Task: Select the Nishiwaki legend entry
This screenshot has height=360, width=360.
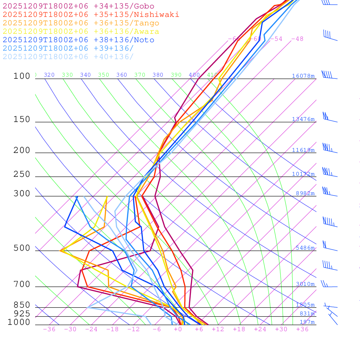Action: click(91, 15)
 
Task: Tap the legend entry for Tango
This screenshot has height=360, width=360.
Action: click(81, 23)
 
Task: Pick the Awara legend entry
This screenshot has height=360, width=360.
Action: click(81, 32)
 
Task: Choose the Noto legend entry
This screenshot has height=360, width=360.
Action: click(78, 40)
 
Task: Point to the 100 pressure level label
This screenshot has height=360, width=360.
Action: click(22, 76)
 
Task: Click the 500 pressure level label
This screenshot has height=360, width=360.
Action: click(22, 248)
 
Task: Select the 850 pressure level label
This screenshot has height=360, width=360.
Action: click(22, 305)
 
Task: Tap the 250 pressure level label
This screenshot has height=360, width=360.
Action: click(22, 174)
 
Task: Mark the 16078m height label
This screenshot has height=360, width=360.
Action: click(303, 76)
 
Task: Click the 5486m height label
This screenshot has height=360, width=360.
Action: click(305, 248)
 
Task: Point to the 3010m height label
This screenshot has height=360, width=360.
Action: click(305, 284)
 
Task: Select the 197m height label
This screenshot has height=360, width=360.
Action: click(307, 322)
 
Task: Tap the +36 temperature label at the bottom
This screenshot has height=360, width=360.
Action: click(302, 329)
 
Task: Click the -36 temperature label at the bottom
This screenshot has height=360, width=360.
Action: click(49, 329)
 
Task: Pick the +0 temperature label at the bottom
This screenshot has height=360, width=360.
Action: click(178, 329)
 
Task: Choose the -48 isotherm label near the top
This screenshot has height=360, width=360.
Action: click(297, 39)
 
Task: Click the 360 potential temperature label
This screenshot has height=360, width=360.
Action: click(122, 75)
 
